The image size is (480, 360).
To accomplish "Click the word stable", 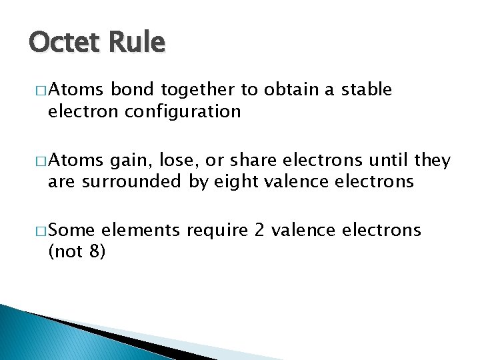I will (x=366, y=90).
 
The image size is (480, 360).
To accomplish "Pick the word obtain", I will (x=290, y=90).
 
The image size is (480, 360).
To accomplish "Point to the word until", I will (x=386, y=161).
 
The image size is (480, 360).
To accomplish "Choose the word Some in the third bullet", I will (x=72, y=231).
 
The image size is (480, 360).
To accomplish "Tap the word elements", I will (x=141, y=231).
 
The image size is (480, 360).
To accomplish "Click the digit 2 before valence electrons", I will (x=260, y=231).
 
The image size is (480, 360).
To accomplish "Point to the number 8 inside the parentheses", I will (x=92, y=253).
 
